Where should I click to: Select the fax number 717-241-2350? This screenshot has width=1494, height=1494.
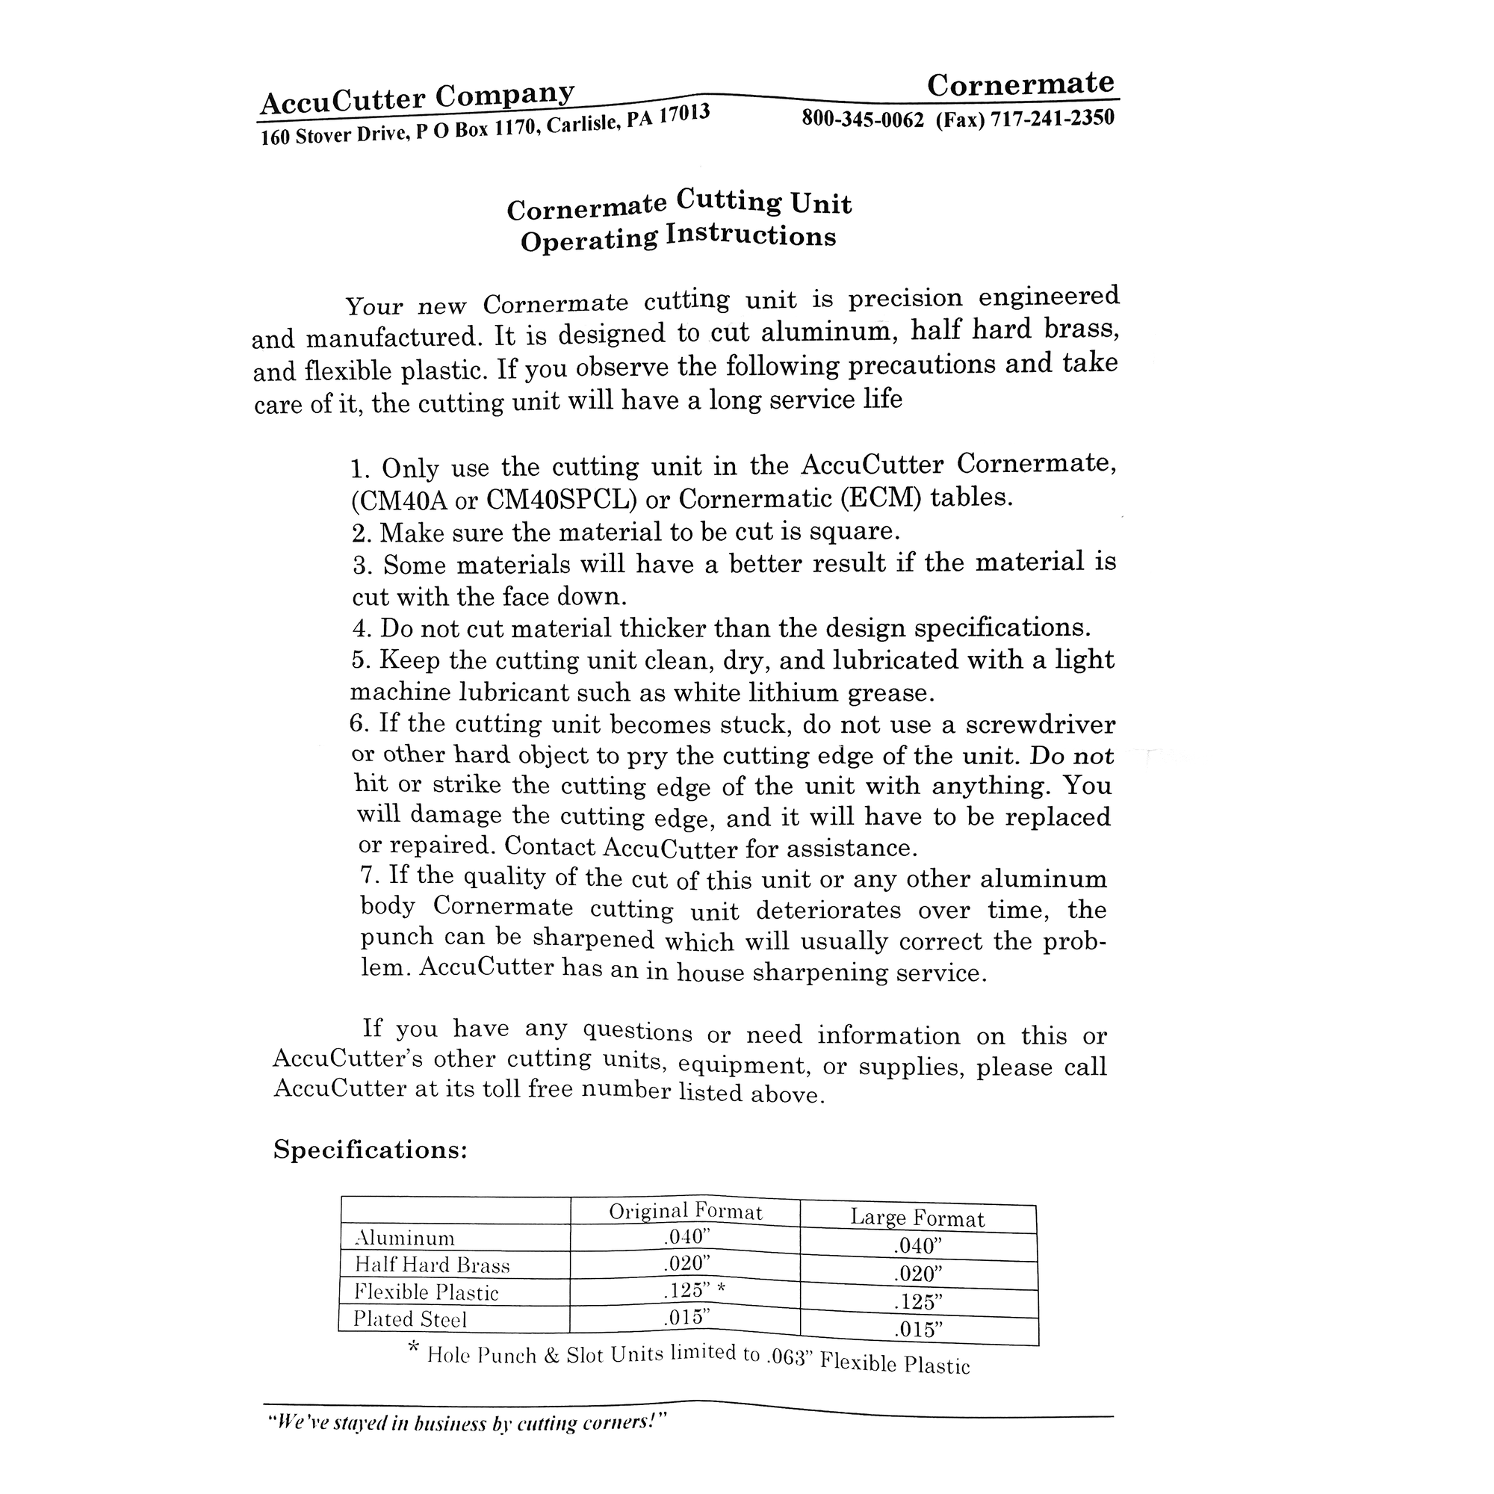point(1053,117)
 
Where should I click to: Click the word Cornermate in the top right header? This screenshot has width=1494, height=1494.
point(1020,84)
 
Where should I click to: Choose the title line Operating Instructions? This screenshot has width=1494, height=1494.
point(678,238)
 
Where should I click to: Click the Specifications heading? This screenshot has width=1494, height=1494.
point(371,1150)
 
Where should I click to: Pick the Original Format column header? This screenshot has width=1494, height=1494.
point(685,1211)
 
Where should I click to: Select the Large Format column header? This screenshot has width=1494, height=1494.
point(917,1218)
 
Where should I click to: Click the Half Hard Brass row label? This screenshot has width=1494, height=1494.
point(433,1265)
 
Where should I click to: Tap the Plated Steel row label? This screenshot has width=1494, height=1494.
point(410,1319)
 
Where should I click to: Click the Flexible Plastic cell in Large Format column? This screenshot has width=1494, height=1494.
point(917,1302)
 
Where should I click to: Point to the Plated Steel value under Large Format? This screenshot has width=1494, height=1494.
point(918,1330)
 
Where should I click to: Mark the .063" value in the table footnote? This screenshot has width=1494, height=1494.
point(790,1359)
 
